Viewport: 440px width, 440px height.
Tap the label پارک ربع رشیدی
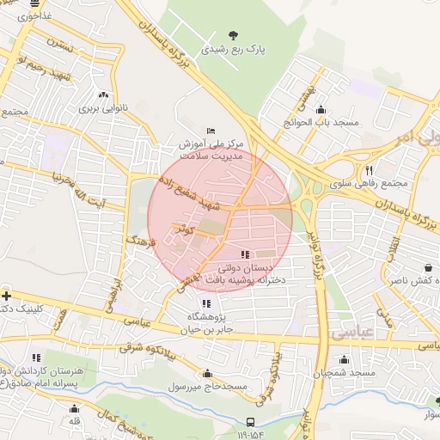pos(232,51)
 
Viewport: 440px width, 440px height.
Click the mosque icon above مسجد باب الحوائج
pos(321,109)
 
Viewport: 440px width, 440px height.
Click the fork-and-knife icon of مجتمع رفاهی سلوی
pos(369,170)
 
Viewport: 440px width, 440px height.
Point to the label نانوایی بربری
pos(103,109)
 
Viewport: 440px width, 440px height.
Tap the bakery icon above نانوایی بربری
pos(104,95)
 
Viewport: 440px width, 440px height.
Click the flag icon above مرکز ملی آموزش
pos(211,131)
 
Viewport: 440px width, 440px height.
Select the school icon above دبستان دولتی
pos(245,254)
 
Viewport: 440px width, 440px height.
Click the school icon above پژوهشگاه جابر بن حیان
pos(205,303)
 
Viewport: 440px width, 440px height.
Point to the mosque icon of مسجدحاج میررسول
pos(207,373)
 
